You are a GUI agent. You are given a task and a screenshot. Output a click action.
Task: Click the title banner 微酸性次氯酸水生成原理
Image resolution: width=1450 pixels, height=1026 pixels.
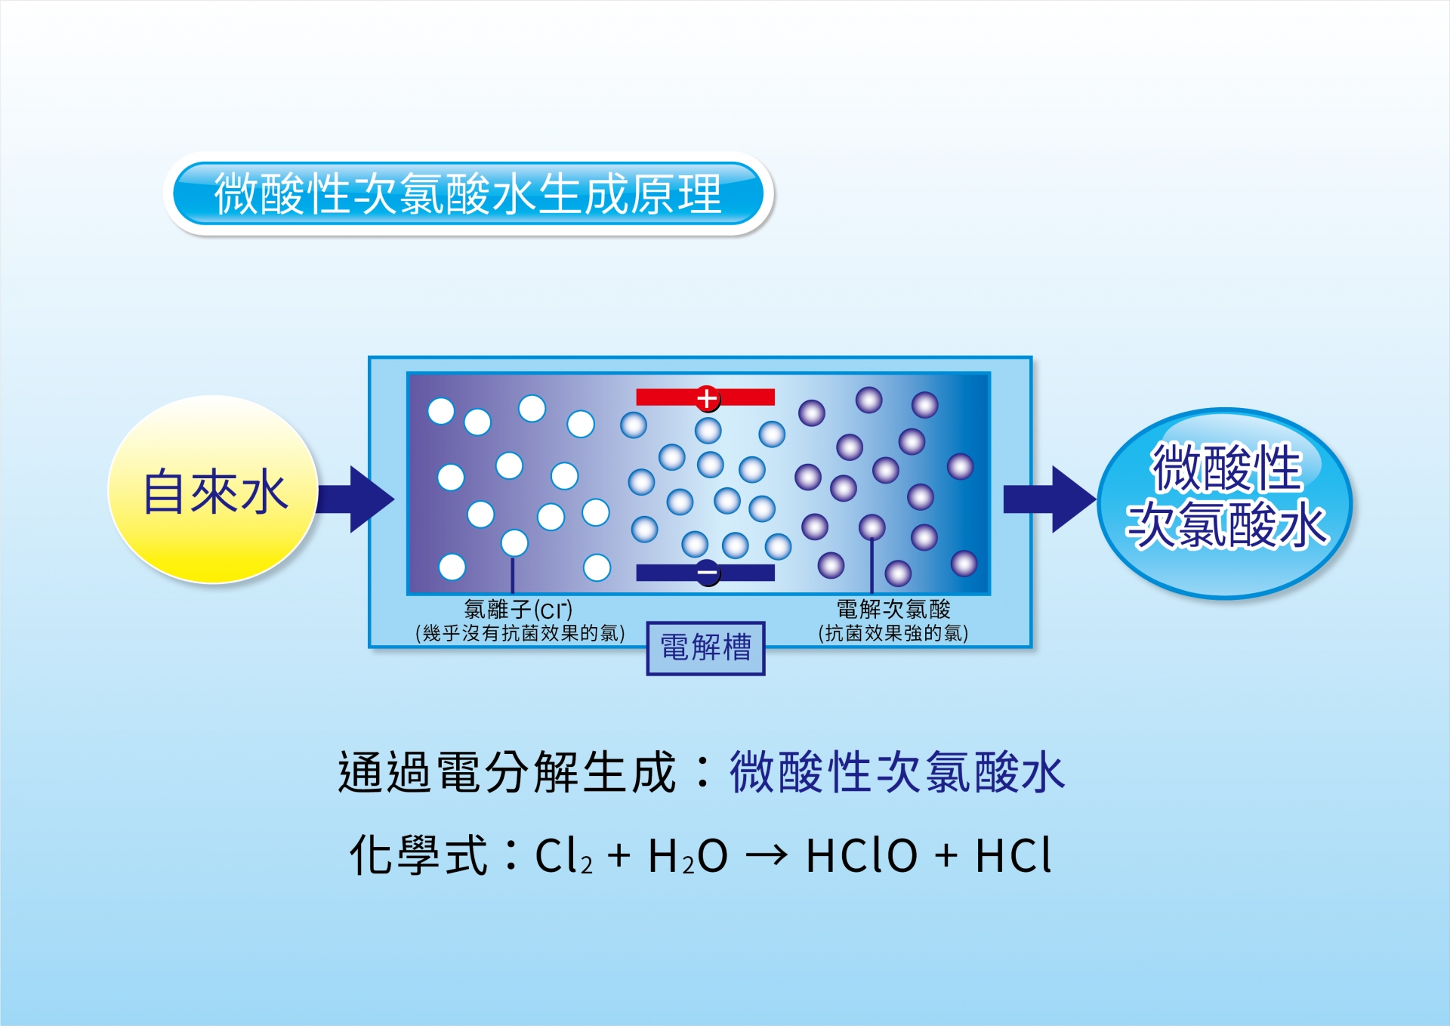coord(468,193)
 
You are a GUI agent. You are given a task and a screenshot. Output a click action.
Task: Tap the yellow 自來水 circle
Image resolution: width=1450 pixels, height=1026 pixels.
coord(213,490)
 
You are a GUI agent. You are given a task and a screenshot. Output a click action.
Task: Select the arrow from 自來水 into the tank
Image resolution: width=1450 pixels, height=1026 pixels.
coord(355,499)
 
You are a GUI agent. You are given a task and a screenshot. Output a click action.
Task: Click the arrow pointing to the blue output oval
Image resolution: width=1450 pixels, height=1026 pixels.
coord(1049,499)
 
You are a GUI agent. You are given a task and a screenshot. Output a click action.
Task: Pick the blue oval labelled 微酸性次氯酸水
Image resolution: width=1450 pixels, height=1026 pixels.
coord(1224,503)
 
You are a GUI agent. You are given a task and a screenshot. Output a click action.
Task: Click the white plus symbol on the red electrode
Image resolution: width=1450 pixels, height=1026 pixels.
coord(707,398)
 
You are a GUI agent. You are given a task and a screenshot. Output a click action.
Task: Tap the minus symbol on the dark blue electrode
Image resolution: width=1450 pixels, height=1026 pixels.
coord(708,573)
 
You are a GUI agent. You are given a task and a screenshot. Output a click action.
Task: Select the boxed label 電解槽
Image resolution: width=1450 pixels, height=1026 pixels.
coord(706,648)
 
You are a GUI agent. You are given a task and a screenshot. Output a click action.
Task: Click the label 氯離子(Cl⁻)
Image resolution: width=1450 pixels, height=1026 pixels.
coord(518,609)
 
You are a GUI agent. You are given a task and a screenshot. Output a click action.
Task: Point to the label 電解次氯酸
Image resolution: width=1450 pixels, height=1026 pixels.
coord(893,609)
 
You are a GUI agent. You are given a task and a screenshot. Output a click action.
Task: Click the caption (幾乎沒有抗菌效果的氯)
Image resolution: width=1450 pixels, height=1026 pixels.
coord(520,633)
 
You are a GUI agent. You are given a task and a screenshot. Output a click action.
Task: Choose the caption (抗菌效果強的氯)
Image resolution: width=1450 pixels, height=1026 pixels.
coord(893,633)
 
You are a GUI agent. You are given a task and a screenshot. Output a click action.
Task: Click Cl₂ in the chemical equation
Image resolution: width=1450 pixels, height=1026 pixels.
coord(563,856)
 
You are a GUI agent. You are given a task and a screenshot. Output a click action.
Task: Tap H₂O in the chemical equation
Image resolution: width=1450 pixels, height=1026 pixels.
coord(687,856)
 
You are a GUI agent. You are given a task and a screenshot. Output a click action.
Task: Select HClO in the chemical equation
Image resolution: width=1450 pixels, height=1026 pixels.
coord(862,855)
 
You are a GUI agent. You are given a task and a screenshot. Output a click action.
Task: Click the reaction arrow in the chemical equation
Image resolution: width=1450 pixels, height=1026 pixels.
coord(767,856)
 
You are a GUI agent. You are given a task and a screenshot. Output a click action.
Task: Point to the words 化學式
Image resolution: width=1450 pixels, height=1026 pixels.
coord(419,855)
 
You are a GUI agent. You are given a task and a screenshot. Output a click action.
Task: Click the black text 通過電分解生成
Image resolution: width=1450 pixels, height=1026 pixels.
coord(507,772)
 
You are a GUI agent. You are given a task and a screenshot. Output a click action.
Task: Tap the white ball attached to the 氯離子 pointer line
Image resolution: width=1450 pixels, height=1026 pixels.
coord(514,542)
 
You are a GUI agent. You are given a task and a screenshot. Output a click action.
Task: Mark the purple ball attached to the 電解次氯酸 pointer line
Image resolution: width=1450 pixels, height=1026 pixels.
coord(872,527)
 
